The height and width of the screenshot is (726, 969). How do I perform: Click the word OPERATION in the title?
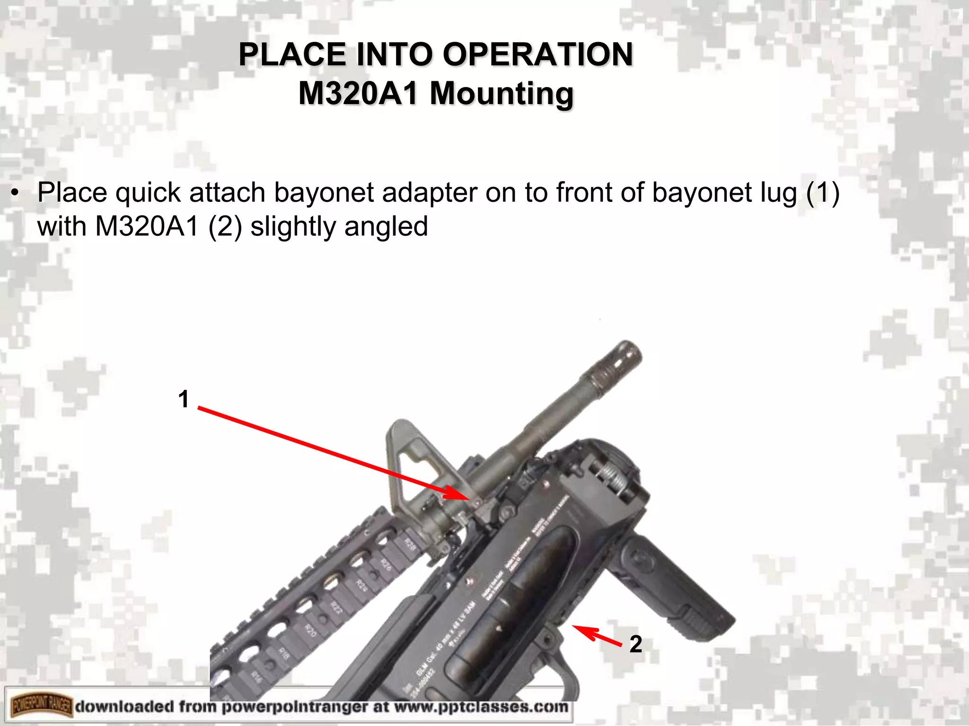[537, 54]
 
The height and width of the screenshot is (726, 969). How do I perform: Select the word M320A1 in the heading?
[358, 93]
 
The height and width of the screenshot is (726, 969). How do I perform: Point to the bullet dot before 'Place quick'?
[16, 194]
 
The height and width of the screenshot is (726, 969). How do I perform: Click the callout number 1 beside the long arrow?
[184, 399]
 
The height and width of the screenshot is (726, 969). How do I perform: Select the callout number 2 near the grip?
[635, 644]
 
